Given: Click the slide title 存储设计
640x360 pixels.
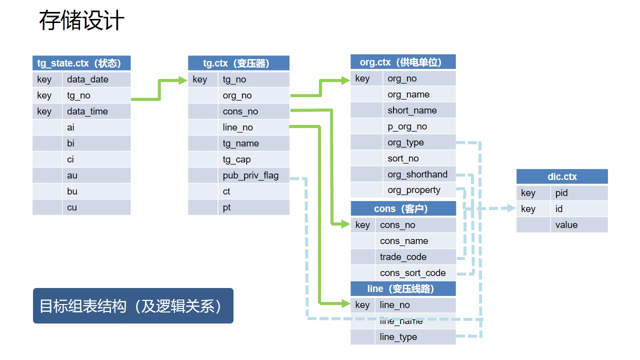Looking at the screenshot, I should [x=81, y=21].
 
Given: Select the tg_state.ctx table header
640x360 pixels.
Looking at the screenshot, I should [x=81, y=63].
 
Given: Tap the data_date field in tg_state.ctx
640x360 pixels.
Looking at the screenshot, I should [x=87, y=79].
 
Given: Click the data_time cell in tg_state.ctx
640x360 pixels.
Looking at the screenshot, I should [x=87, y=111].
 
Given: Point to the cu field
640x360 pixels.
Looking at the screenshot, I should [x=72, y=207].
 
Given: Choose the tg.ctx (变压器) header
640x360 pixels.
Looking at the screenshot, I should [x=238, y=63].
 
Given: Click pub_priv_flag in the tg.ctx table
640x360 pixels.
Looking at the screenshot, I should [x=250, y=175].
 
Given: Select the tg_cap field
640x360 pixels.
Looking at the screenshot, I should [x=236, y=159].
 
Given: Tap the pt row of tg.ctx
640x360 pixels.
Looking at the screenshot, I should [x=227, y=207].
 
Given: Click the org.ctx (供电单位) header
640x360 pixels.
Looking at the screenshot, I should [x=403, y=62].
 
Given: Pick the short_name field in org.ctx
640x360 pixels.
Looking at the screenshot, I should [x=412, y=110].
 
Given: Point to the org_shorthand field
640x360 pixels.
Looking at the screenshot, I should [x=417, y=174].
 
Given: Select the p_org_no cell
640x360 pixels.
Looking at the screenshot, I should [x=407, y=126].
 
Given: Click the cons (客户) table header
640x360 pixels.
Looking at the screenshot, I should [x=403, y=208].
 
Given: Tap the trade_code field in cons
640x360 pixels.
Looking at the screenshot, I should [x=403, y=257].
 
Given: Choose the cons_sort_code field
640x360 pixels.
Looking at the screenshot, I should [x=412, y=273].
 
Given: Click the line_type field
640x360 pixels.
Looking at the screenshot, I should [x=398, y=337].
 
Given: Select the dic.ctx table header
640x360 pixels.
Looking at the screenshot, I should [x=562, y=176].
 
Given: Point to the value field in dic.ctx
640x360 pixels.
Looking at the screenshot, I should [x=566, y=225].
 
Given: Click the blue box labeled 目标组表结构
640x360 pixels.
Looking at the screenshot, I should [x=133, y=305].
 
